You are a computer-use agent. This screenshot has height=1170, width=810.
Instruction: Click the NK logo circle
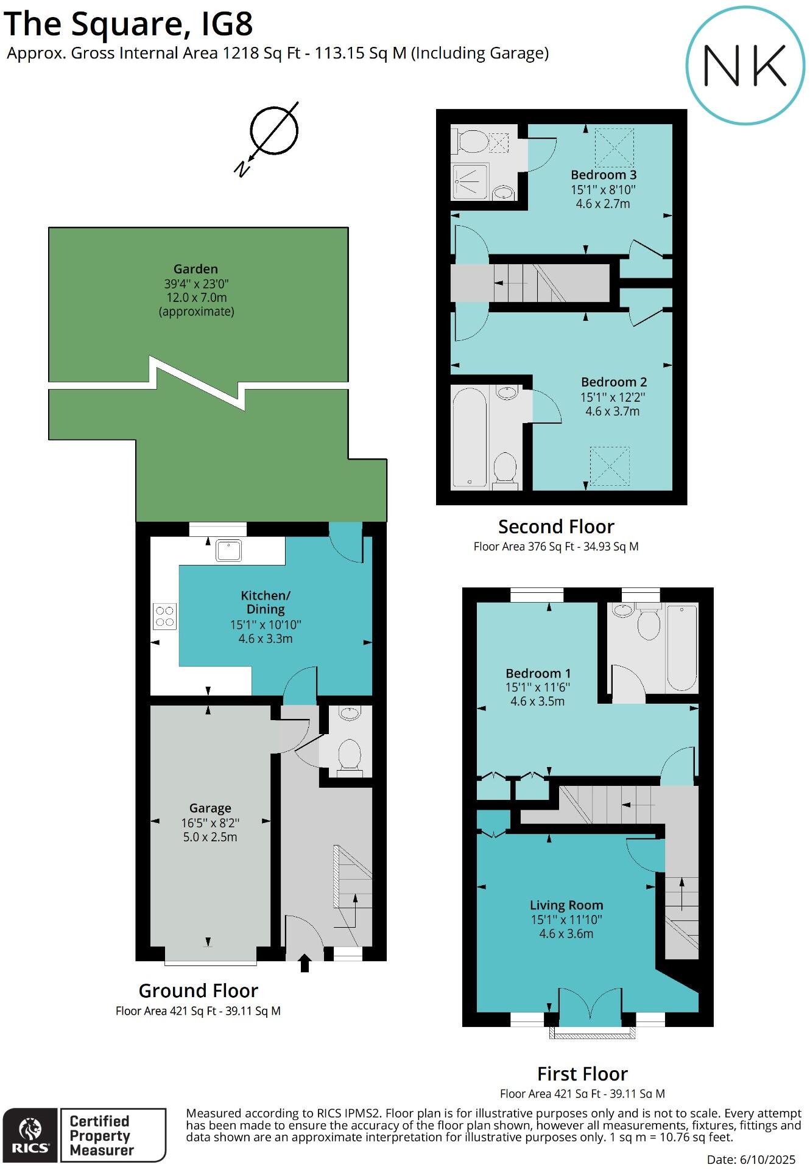[745, 65]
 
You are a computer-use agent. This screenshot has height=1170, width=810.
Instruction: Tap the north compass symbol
[273, 131]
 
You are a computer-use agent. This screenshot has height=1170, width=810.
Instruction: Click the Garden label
[195, 269]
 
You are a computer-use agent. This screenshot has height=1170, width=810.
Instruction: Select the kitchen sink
[228, 551]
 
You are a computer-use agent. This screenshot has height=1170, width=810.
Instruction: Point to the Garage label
[210, 808]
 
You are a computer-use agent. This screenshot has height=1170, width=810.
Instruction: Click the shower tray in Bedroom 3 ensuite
[470, 181]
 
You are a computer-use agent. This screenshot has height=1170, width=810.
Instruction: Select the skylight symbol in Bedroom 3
[614, 147]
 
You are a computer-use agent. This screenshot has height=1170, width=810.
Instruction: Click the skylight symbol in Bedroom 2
[610, 466]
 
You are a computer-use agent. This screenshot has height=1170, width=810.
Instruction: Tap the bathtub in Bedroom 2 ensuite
[470, 437]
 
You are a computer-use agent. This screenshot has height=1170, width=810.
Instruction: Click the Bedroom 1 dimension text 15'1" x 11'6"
[537, 687]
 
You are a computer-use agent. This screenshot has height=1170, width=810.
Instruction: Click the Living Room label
[566, 905]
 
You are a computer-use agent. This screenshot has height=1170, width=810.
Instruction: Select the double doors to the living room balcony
[590, 1004]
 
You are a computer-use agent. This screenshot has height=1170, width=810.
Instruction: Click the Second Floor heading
[555, 527]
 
